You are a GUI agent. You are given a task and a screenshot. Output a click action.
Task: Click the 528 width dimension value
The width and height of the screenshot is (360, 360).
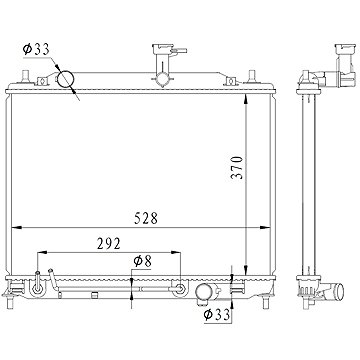tap(146, 218)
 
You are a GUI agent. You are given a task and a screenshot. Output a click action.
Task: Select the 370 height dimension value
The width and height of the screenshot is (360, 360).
tap(237, 167)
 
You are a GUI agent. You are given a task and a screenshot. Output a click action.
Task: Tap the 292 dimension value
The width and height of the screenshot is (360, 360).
tap(108, 244)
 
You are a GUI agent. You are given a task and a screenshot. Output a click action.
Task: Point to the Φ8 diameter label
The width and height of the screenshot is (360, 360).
tap(142, 262)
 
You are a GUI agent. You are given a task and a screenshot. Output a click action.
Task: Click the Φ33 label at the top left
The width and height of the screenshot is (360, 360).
tap(36, 49)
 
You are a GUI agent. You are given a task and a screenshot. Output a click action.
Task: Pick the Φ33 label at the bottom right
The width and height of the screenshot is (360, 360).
tap(217, 314)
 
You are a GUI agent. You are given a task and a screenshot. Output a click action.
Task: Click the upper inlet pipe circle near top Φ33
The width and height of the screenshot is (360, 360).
tap(65, 79)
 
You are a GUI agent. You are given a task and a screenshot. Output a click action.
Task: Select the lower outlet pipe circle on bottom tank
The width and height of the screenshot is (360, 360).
tap(203, 293)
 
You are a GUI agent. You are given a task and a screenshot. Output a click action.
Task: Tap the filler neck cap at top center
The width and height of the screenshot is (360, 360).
tap(163, 49)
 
